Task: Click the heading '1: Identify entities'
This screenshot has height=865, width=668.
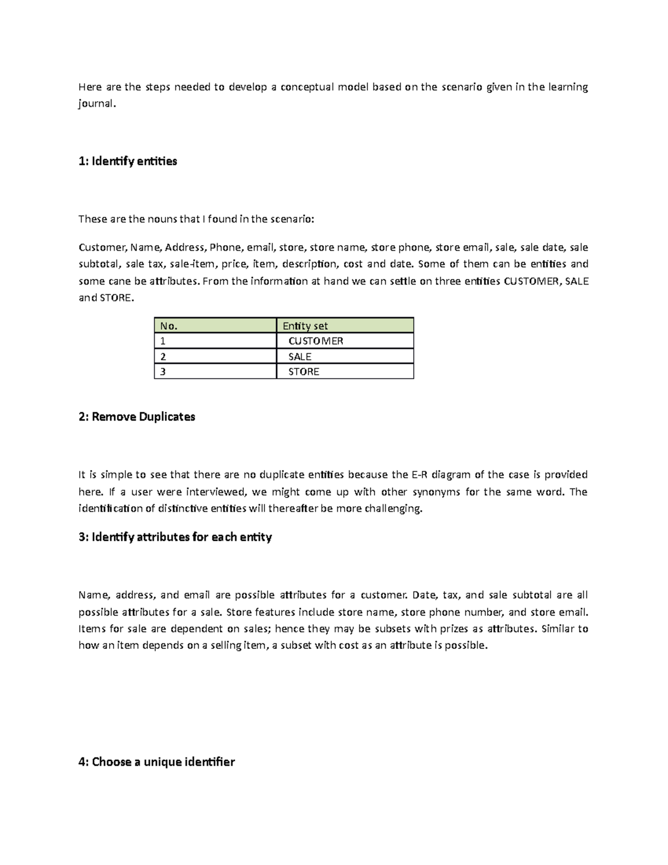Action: coord(127,162)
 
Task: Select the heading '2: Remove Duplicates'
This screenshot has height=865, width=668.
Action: coord(137,417)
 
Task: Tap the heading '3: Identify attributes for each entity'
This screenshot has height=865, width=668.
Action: coord(175,537)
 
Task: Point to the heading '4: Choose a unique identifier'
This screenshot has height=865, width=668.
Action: coord(156,762)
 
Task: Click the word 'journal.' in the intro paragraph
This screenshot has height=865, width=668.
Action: coord(97,104)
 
